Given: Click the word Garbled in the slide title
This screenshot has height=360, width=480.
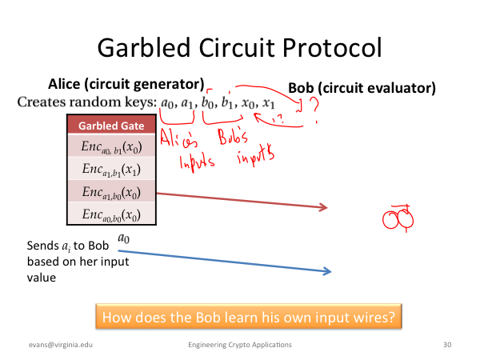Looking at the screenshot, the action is (144, 47).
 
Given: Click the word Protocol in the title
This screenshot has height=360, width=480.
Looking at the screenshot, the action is (332, 47).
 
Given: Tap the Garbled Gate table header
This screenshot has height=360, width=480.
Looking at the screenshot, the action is (111, 126).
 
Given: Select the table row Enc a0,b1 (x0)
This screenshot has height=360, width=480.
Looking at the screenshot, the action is (111, 146).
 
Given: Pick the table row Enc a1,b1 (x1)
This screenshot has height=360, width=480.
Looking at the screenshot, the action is (111, 168).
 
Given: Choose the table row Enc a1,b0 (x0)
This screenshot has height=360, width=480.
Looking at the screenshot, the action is (111, 191).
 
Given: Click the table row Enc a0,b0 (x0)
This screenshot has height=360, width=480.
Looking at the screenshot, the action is (111, 213).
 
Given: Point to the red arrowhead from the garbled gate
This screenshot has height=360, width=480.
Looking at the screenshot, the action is (323, 207).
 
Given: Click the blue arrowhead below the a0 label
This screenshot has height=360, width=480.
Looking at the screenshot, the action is (327, 271).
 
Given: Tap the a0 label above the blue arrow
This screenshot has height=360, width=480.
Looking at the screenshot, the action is (124, 238).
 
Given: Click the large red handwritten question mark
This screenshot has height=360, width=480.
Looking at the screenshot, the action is (314, 110).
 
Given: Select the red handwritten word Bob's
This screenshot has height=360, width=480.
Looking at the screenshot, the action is (233, 137).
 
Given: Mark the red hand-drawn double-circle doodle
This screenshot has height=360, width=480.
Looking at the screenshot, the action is (398, 218).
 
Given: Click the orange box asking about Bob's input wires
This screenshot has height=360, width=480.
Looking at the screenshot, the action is (249, 317).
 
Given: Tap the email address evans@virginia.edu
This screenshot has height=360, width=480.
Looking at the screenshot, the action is (61, 345).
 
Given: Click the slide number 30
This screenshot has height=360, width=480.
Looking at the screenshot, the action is (447, 345).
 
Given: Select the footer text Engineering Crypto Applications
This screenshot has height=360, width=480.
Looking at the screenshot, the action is (240, 345).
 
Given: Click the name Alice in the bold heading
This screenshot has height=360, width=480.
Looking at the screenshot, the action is (64, 84).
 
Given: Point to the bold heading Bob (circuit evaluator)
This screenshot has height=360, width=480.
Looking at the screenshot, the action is (362, 88).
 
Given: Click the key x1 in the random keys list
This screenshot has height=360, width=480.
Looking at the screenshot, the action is (268, 103).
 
